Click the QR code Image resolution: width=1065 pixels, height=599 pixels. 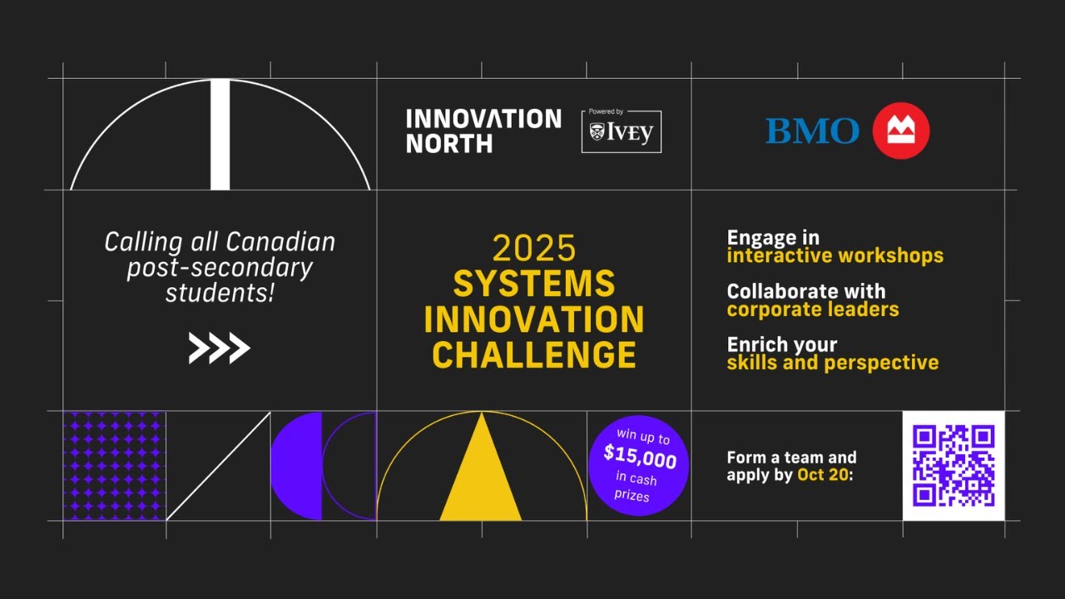(954, 465)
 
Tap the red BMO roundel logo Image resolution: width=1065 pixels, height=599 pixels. (901, 131)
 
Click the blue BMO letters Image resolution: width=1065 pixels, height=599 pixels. (812, 131)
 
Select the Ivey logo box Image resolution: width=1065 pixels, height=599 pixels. (621, 131)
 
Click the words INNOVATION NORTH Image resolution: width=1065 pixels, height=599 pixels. (483, 131)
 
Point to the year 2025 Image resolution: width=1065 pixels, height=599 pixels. (533, 248)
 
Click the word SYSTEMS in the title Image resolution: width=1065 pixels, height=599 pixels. (533, 284)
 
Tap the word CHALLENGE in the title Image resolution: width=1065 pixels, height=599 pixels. (533, 355)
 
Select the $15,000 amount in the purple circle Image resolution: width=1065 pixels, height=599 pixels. (639, 457)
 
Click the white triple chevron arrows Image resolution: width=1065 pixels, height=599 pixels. (219, 349)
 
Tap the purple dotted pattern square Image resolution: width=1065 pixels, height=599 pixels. (114, 466)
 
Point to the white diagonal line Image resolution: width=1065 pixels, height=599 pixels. (218, 466)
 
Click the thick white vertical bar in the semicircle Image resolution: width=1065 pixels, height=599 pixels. (220, 135)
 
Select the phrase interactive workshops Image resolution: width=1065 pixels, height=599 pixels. (835, 256)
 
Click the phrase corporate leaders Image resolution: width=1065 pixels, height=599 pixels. (812, 309)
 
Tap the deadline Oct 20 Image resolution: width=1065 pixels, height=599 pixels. (822, 476)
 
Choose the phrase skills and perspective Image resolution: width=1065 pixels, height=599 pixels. (832, 363)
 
